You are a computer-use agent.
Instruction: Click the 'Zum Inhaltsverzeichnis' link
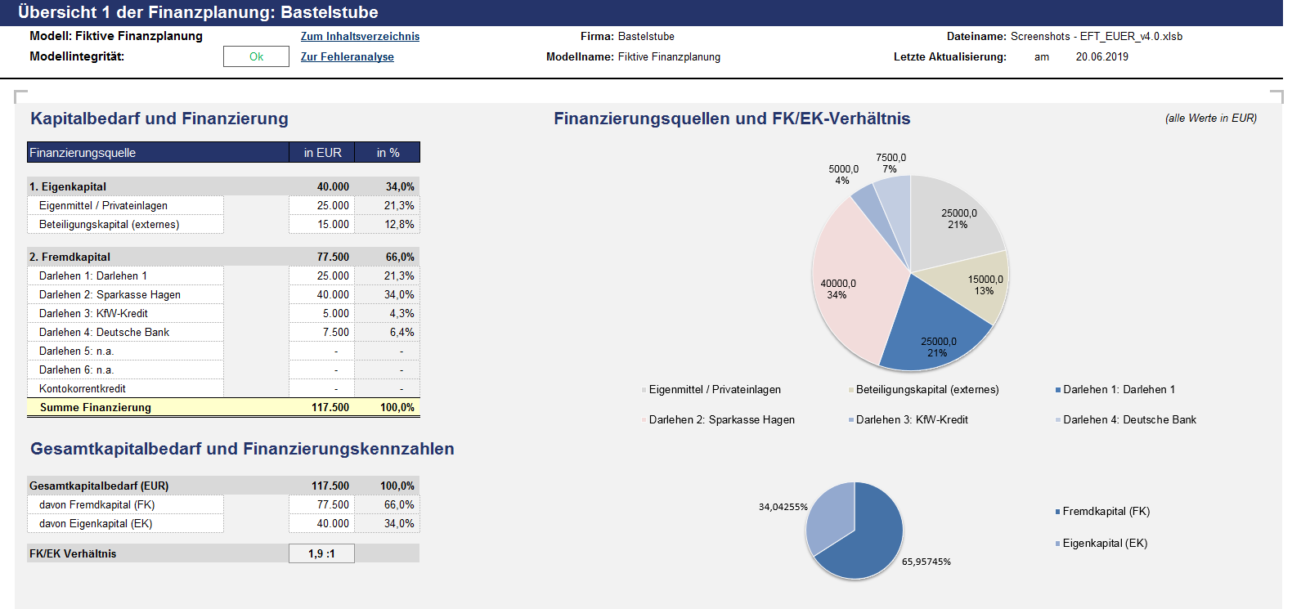point(360,36)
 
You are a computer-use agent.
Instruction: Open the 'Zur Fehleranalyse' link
point(348,57)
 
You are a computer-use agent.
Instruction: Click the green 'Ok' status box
point(256,56)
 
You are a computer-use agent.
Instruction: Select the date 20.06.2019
point(1101,57)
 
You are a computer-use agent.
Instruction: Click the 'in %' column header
point(388,153)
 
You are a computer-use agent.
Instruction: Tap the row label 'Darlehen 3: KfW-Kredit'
point(93,313)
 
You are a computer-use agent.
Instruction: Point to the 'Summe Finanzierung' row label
point(96,407)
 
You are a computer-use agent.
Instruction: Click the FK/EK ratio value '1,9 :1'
point(322,553)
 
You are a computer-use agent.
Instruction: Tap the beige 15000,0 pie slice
point(975,285)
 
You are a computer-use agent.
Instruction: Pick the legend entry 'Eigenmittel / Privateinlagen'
point(711,390)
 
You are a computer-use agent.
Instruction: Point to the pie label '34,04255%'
point(783,507)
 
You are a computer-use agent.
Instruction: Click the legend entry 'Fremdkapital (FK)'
point(1103,512)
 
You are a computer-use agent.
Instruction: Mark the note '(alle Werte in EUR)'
point(1211,119)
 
